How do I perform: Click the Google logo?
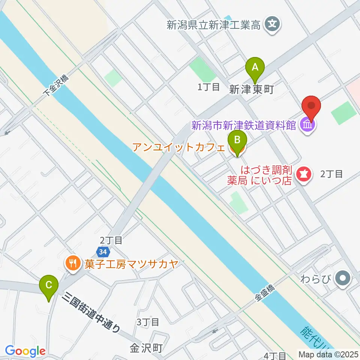tap(25, 351)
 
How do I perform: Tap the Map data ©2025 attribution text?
tap(328, 354)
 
